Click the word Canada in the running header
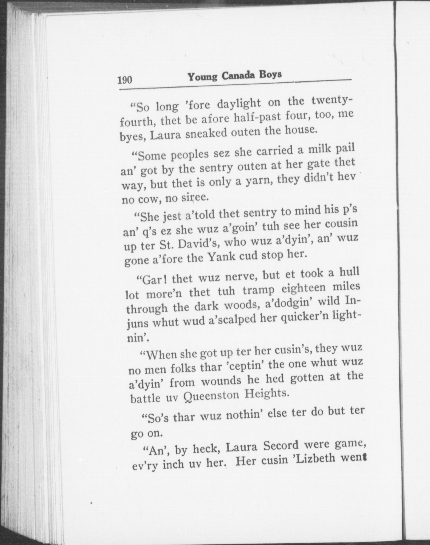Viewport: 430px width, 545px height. coord(238,76)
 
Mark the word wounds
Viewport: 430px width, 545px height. coord(221,381)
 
